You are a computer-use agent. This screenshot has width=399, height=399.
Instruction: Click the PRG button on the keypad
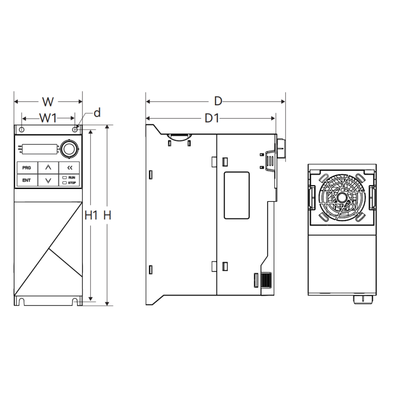pyautogui.click(x=27, y=168)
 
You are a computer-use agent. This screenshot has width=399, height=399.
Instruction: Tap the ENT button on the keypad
pyautogui.click(x=27, y=180)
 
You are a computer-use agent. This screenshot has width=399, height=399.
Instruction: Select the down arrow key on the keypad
pyautogui.click(x=48, y=181)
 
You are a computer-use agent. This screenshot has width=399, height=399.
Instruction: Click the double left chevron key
pyautogui.click(x=69, y=168)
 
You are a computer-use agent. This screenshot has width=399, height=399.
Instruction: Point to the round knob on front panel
pyautogui.click(x=69, y=149)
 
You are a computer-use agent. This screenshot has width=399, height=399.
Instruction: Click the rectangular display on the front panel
pyautogui.click(x=40, y=149)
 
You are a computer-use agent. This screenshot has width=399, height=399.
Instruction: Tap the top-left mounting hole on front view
pyautogui.click(x=22, y=130)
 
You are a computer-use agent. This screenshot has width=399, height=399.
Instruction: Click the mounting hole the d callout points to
pyautogui.click(x=75, y=130)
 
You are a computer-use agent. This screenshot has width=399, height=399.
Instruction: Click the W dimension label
pyautogui.click(x=48, y=102)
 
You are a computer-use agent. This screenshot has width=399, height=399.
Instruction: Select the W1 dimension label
pyautogui.click(x=48, y=118)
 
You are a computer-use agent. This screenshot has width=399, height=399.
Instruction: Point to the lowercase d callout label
pyautogui.click(x=97, y=112)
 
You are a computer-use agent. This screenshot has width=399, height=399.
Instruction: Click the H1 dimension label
pyautogui.click(x=91, y=215)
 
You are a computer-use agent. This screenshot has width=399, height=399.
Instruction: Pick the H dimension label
pyautogui.click(x=108, y=215)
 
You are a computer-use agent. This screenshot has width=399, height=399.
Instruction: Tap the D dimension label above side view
pyautogui.click(x=218, y=101)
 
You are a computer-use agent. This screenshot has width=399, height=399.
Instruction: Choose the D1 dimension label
pyautogui.click(x=212, y=119)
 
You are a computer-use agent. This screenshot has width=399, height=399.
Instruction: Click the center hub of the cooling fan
pyautogui.click(x=341, y=197)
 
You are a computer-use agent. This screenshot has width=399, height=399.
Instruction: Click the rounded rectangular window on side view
pyautogui.click(x=237, y=195)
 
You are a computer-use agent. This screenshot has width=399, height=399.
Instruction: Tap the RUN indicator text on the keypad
pyautogui.click(x=71, y=177)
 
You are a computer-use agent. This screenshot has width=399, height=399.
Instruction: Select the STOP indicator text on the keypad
pyautogui.click(x=72, y=183)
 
